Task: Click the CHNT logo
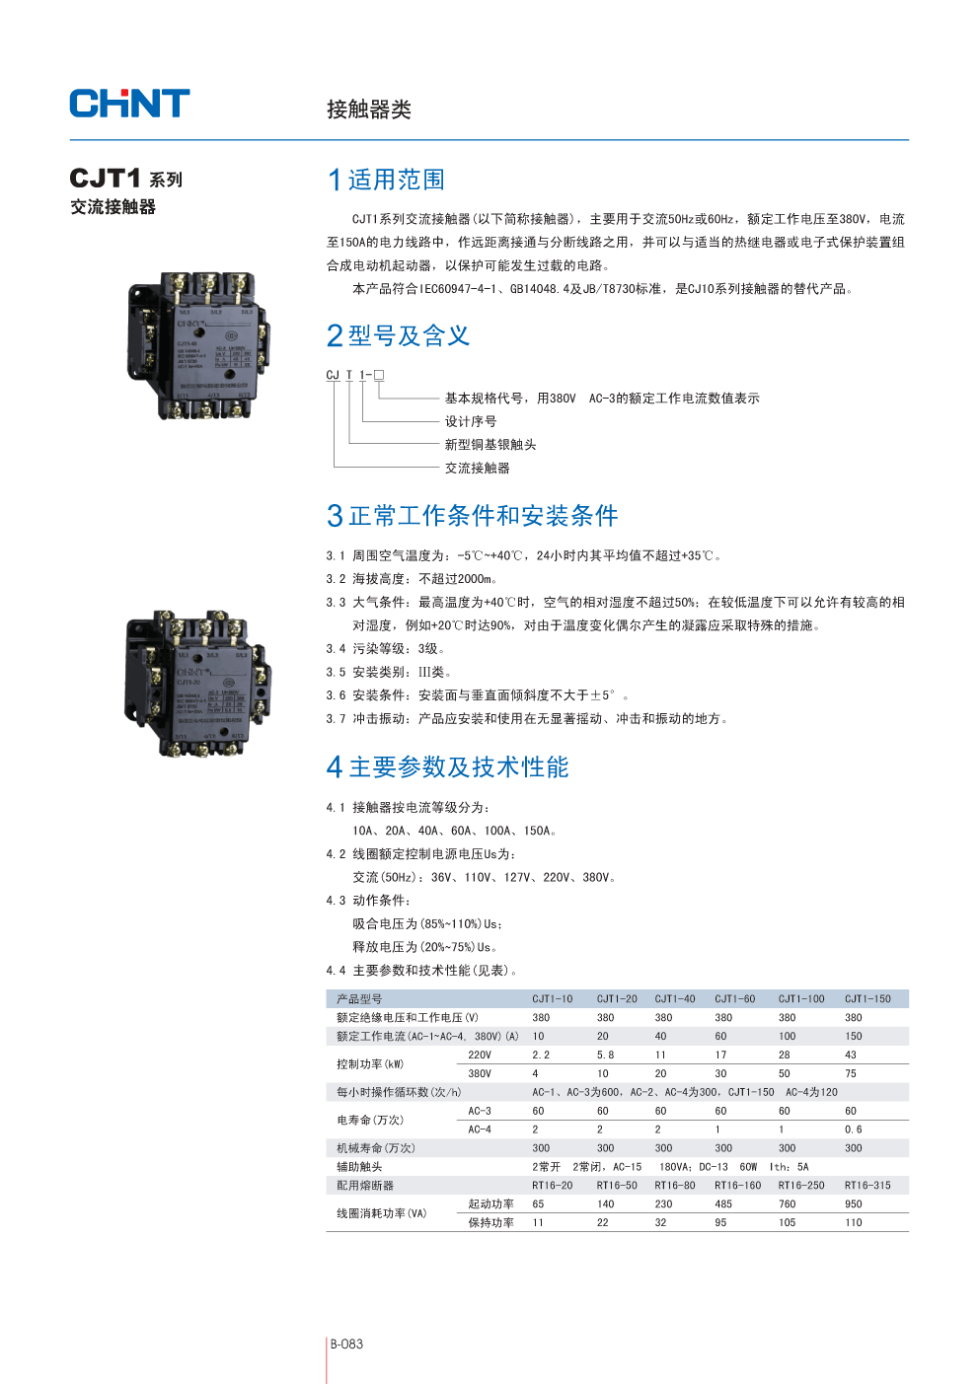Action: click(129, 104)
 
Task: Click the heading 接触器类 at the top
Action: click(369, 109)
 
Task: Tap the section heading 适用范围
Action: click(396, 180)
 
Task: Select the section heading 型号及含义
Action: click(409, 336)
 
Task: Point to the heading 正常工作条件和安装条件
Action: click(483, 516)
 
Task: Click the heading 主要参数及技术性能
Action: click(458, 767)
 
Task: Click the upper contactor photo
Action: click(198, 345)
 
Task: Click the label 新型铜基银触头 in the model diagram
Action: click(490, 445)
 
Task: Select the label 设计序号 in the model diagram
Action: click(471, 421)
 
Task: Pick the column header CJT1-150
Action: click(867, 999)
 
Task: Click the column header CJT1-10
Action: click(553, 999)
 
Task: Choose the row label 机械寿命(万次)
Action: click(376, 1148)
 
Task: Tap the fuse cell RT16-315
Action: click(867, 1186)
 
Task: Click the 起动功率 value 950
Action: click(854, 1204)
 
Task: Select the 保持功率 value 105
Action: click(787, 1223)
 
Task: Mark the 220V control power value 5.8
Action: click(605, 1056)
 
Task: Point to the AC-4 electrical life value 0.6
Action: click(854, 1129)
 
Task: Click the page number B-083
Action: click(346, 1344)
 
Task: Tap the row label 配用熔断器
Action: click(365, 1186)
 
